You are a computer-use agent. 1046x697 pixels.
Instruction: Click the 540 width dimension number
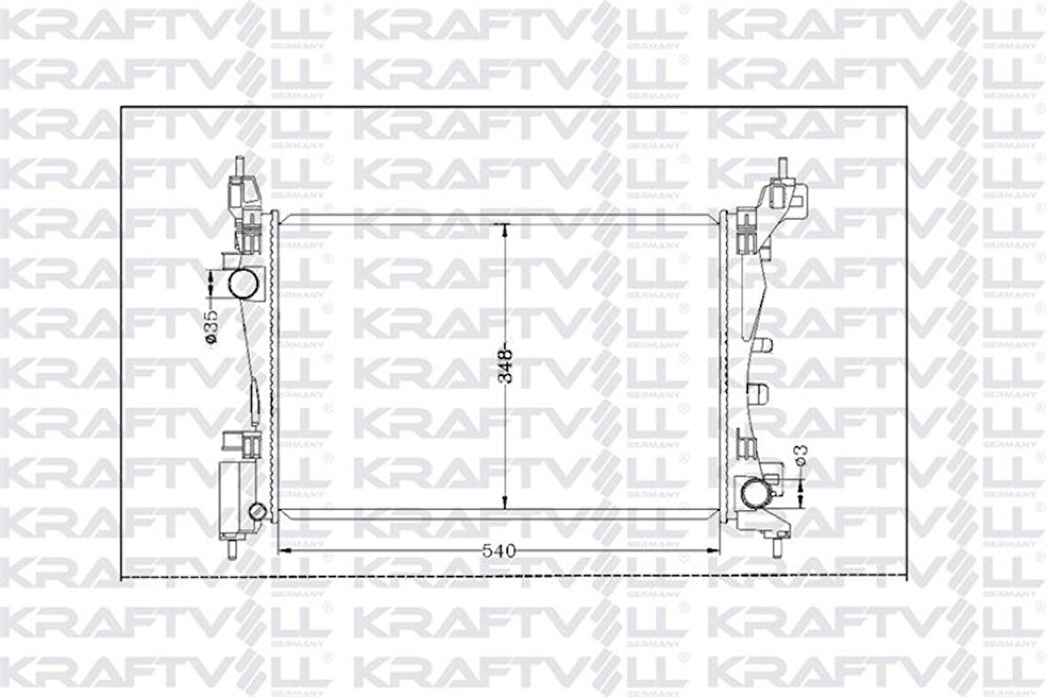pyautogui.click(x=497, y=551)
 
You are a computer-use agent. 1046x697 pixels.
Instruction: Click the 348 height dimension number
pyautogui.click(x=505, y=364)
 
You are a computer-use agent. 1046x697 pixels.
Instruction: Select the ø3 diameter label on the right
pyautogui.click(x=800, y=454)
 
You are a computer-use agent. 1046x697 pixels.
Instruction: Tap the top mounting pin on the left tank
pyautogui.click(x=239, y=166)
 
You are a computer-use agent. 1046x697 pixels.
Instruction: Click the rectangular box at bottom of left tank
pyautogui.click(x=234, y=497)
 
